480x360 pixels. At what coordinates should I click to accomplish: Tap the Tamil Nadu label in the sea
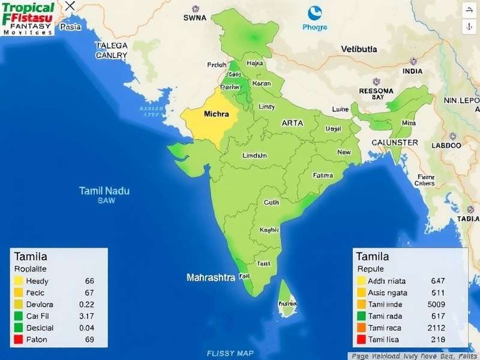pos(104,191)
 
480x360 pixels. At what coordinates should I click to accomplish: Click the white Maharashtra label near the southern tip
pos(211,278)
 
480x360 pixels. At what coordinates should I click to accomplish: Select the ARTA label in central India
pos(292,122)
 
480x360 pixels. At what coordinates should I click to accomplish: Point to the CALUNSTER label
pos(395,142)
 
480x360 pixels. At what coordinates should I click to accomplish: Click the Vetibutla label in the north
pos(359,49)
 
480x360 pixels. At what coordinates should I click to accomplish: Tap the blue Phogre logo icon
pos(315,13)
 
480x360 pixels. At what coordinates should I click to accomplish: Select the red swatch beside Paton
pos(18,340)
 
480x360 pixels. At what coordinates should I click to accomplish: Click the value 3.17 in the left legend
pos(86,316)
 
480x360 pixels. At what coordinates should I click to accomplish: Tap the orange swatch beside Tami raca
pos(361,328)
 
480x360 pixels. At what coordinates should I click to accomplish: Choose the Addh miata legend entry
pos(387,281)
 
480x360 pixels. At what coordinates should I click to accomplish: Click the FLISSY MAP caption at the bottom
pos(230,353)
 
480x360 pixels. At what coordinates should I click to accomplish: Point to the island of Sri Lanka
pos(287,301)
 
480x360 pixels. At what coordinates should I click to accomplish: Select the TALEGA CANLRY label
pos(112,50)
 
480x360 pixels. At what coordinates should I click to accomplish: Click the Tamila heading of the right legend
pos(373,257)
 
